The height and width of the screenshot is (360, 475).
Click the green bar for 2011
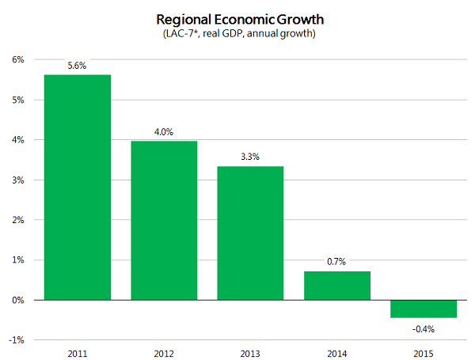pyautogui.click(x=77, y=188)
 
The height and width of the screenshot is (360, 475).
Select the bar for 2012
pyautogui.click(x=164, y=220)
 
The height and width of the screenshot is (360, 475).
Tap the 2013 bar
pyautogui.click(x=250, y=233)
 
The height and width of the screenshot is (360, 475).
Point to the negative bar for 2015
pyautogui.click(x=423, y=309)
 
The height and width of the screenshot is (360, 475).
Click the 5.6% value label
pyautogui.click(x=77, y=66)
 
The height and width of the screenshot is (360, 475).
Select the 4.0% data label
pyautogui.click(x=164, y=132)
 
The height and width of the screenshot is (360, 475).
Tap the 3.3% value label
pyautogui.click(x=250, y=157)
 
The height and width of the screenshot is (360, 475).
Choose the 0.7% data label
pyautogui.click(x=336, y=262)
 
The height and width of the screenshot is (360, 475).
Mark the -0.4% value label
pyautogui.click(x=423, y=328)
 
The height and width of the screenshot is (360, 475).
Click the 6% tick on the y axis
pyautogui.click(x=17, y=59)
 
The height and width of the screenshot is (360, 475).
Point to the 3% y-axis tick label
pyautogui.click(x=17, y=180)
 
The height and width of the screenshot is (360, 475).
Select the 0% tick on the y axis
pyautogui.click(x=17, y=300)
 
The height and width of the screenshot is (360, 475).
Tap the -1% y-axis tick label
pyautogui.click(x=16, y=340)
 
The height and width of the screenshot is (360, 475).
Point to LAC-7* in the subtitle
pyautogui.click(x=181, y=33)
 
